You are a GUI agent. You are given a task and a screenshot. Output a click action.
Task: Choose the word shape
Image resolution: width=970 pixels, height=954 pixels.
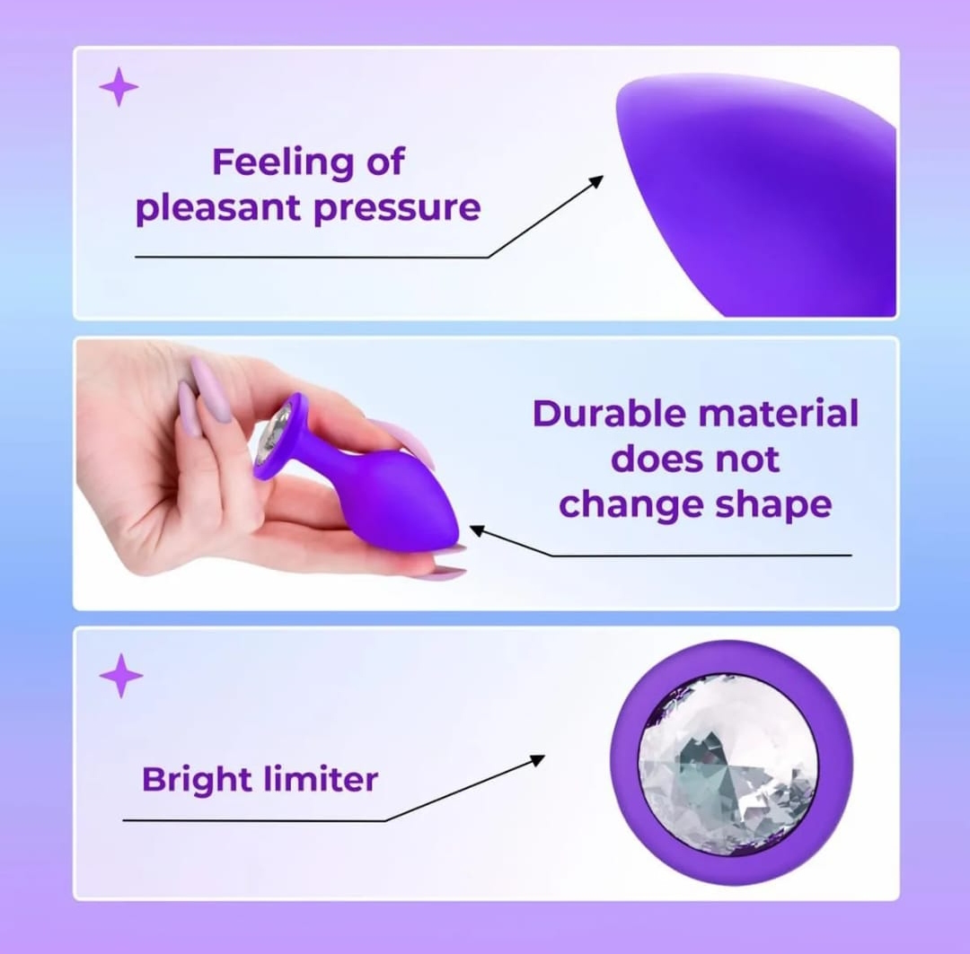coord(773,505)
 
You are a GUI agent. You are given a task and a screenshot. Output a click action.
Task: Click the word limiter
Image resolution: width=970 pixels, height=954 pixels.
coord(321,778)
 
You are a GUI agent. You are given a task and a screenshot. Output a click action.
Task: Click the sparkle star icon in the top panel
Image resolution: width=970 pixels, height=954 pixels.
coord(119,86)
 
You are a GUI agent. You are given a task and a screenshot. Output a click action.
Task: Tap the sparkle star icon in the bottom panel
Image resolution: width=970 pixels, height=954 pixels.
coord(120,675)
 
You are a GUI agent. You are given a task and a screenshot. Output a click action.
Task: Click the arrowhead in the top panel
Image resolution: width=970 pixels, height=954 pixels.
coord(596,182)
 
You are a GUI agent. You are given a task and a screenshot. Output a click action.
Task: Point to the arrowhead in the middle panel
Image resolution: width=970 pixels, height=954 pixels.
coord(477,530)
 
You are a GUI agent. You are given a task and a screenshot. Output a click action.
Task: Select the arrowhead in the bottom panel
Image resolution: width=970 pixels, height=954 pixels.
coord(537,760)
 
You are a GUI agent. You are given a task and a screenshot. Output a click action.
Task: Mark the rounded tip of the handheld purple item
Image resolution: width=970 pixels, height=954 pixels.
coord(452,528)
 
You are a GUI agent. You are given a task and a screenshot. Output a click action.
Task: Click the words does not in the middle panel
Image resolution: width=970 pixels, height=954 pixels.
coord(694,459)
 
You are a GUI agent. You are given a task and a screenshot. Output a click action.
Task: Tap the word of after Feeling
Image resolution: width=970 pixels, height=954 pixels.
coord(385,162)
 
